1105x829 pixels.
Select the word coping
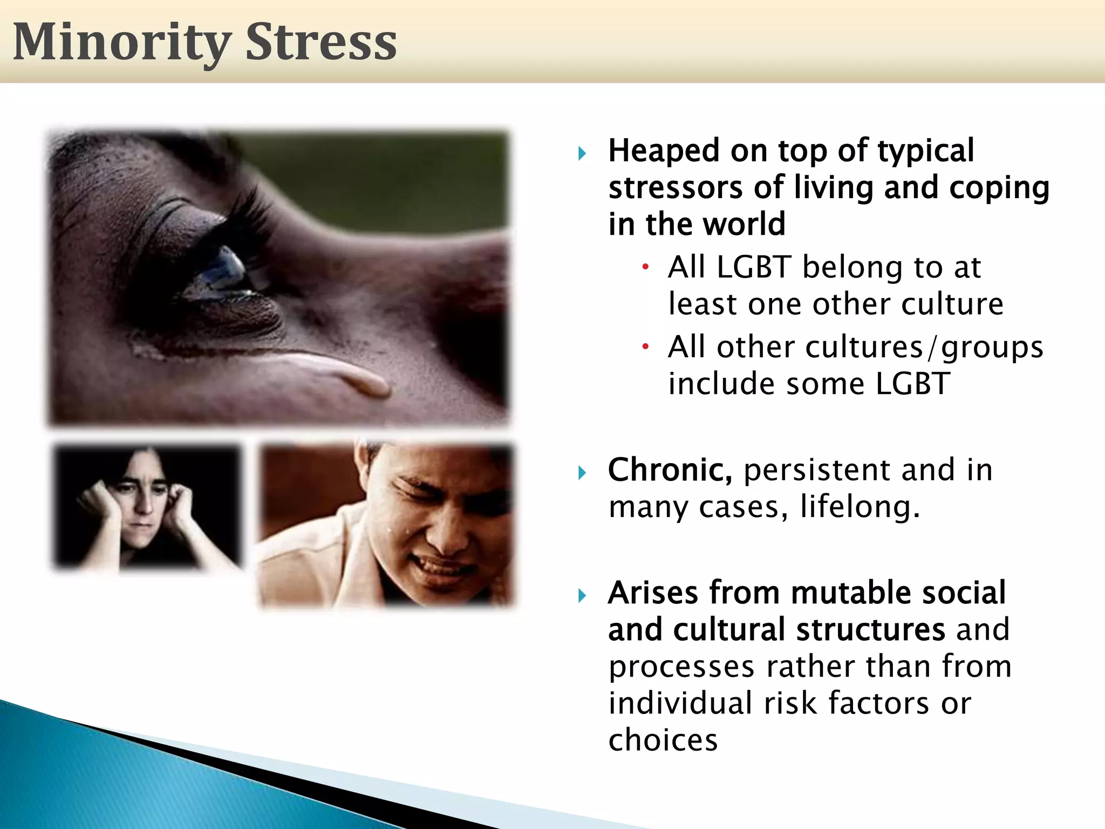click(x=999, y=188)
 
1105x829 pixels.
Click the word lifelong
click(x=860, y=507)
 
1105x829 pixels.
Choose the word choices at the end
click(x=663, y=740)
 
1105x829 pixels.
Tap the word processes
click(x=681, y=667)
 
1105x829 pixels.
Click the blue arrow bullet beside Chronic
click(x=582, y=473)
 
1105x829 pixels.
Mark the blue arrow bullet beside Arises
click(x=582, y=596)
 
